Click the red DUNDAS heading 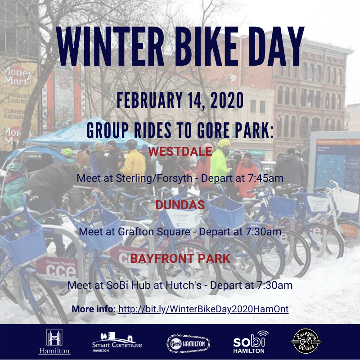pyautogui.click(x=180, y=205)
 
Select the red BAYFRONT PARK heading pyautogui.click(x=180, y=258)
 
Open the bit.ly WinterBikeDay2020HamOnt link pyautogui.click(x=203, y=309)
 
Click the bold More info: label pyautogui.click(x=94, y=309)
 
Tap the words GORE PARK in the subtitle pyautogui.click(x=233, y=130)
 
